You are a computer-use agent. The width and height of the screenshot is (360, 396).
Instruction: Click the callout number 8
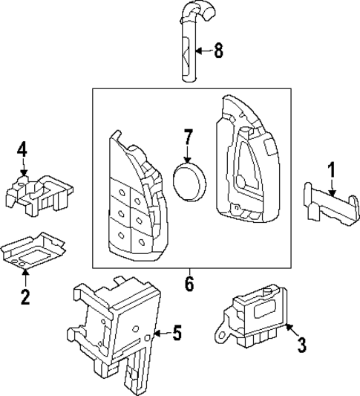click(x=218, y=51)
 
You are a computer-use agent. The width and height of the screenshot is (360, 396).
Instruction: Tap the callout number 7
click(x=189, y=137)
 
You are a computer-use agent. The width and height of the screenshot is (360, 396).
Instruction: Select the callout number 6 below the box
click(x=189, y=283)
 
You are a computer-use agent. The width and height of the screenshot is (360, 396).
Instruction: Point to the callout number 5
click(x=177, y=334)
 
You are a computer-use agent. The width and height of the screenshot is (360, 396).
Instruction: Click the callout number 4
click(x=23, y=151)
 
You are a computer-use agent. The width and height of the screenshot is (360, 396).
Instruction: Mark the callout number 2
click(x=25, y=298)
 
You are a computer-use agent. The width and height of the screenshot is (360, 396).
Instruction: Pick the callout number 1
click(x=332, y=170)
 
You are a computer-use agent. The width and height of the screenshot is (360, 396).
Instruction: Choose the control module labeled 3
click(x=256, y=316)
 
